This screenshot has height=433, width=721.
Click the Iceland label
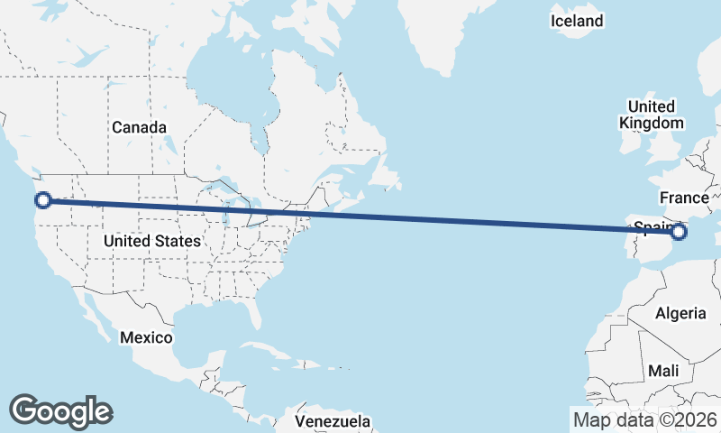click(x=577, y=21)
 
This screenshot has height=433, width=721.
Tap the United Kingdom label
click(x=652, y=115)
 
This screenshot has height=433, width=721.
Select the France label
click(x=684, y=198)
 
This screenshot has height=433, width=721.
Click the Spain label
click(x=651, y=226)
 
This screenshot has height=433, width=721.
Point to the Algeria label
click(x=680, y=313)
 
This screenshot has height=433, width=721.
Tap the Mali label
click(x=663, y=371)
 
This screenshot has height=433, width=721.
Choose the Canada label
click(x=139, y=127)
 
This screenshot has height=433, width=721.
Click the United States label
click(x=151, y=241)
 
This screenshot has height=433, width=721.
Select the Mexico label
click(x=146, y=336)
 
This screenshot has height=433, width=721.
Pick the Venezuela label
click(x=333, y=421)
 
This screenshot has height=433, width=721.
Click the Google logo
click(x=60, y=411)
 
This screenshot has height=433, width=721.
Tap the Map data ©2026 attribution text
click(x=644, y=419)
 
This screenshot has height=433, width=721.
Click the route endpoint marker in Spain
click(x=679, y=233)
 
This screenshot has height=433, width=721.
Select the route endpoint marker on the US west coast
click(x=41, y=200)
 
